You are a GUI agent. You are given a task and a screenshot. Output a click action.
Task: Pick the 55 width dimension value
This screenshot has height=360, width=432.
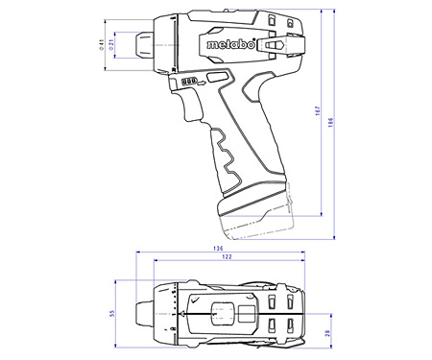[x=111, y=313]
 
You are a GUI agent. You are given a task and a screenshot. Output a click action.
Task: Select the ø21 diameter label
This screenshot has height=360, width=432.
[x=113, y=42]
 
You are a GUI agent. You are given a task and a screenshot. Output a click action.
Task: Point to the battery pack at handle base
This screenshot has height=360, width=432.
[x=254, y=221]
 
